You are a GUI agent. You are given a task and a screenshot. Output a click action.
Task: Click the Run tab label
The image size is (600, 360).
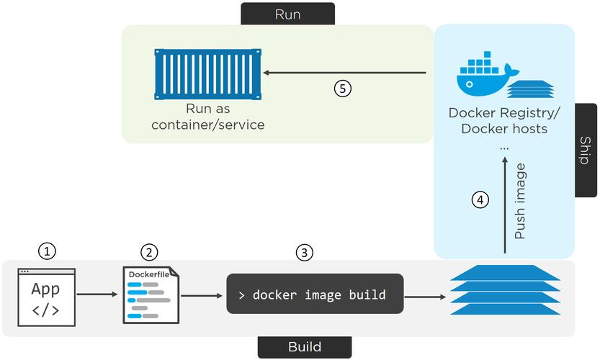coord(287,14)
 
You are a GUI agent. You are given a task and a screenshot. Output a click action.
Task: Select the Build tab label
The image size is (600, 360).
coord(304,347)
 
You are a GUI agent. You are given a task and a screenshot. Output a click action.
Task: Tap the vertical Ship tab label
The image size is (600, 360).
coord(586,150)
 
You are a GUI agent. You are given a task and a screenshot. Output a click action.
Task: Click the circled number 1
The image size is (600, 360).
coord(46,251)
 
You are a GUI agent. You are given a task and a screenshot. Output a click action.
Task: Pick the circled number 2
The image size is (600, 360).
coord(149,252)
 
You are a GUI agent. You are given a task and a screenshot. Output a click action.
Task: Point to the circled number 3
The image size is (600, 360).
coord(305,252)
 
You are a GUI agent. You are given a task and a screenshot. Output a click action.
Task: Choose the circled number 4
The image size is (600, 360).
coord(480,199)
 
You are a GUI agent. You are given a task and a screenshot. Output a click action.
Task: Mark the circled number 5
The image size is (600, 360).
coord(343,89)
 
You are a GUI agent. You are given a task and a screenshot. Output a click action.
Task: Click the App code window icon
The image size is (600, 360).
coord(45,298)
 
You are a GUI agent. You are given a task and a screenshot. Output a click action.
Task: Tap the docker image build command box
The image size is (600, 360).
coord(315,294)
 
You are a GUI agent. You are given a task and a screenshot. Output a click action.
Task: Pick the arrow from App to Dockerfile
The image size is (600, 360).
coord(96,294)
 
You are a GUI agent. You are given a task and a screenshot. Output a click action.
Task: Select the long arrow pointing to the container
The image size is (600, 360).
coord(345,73)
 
